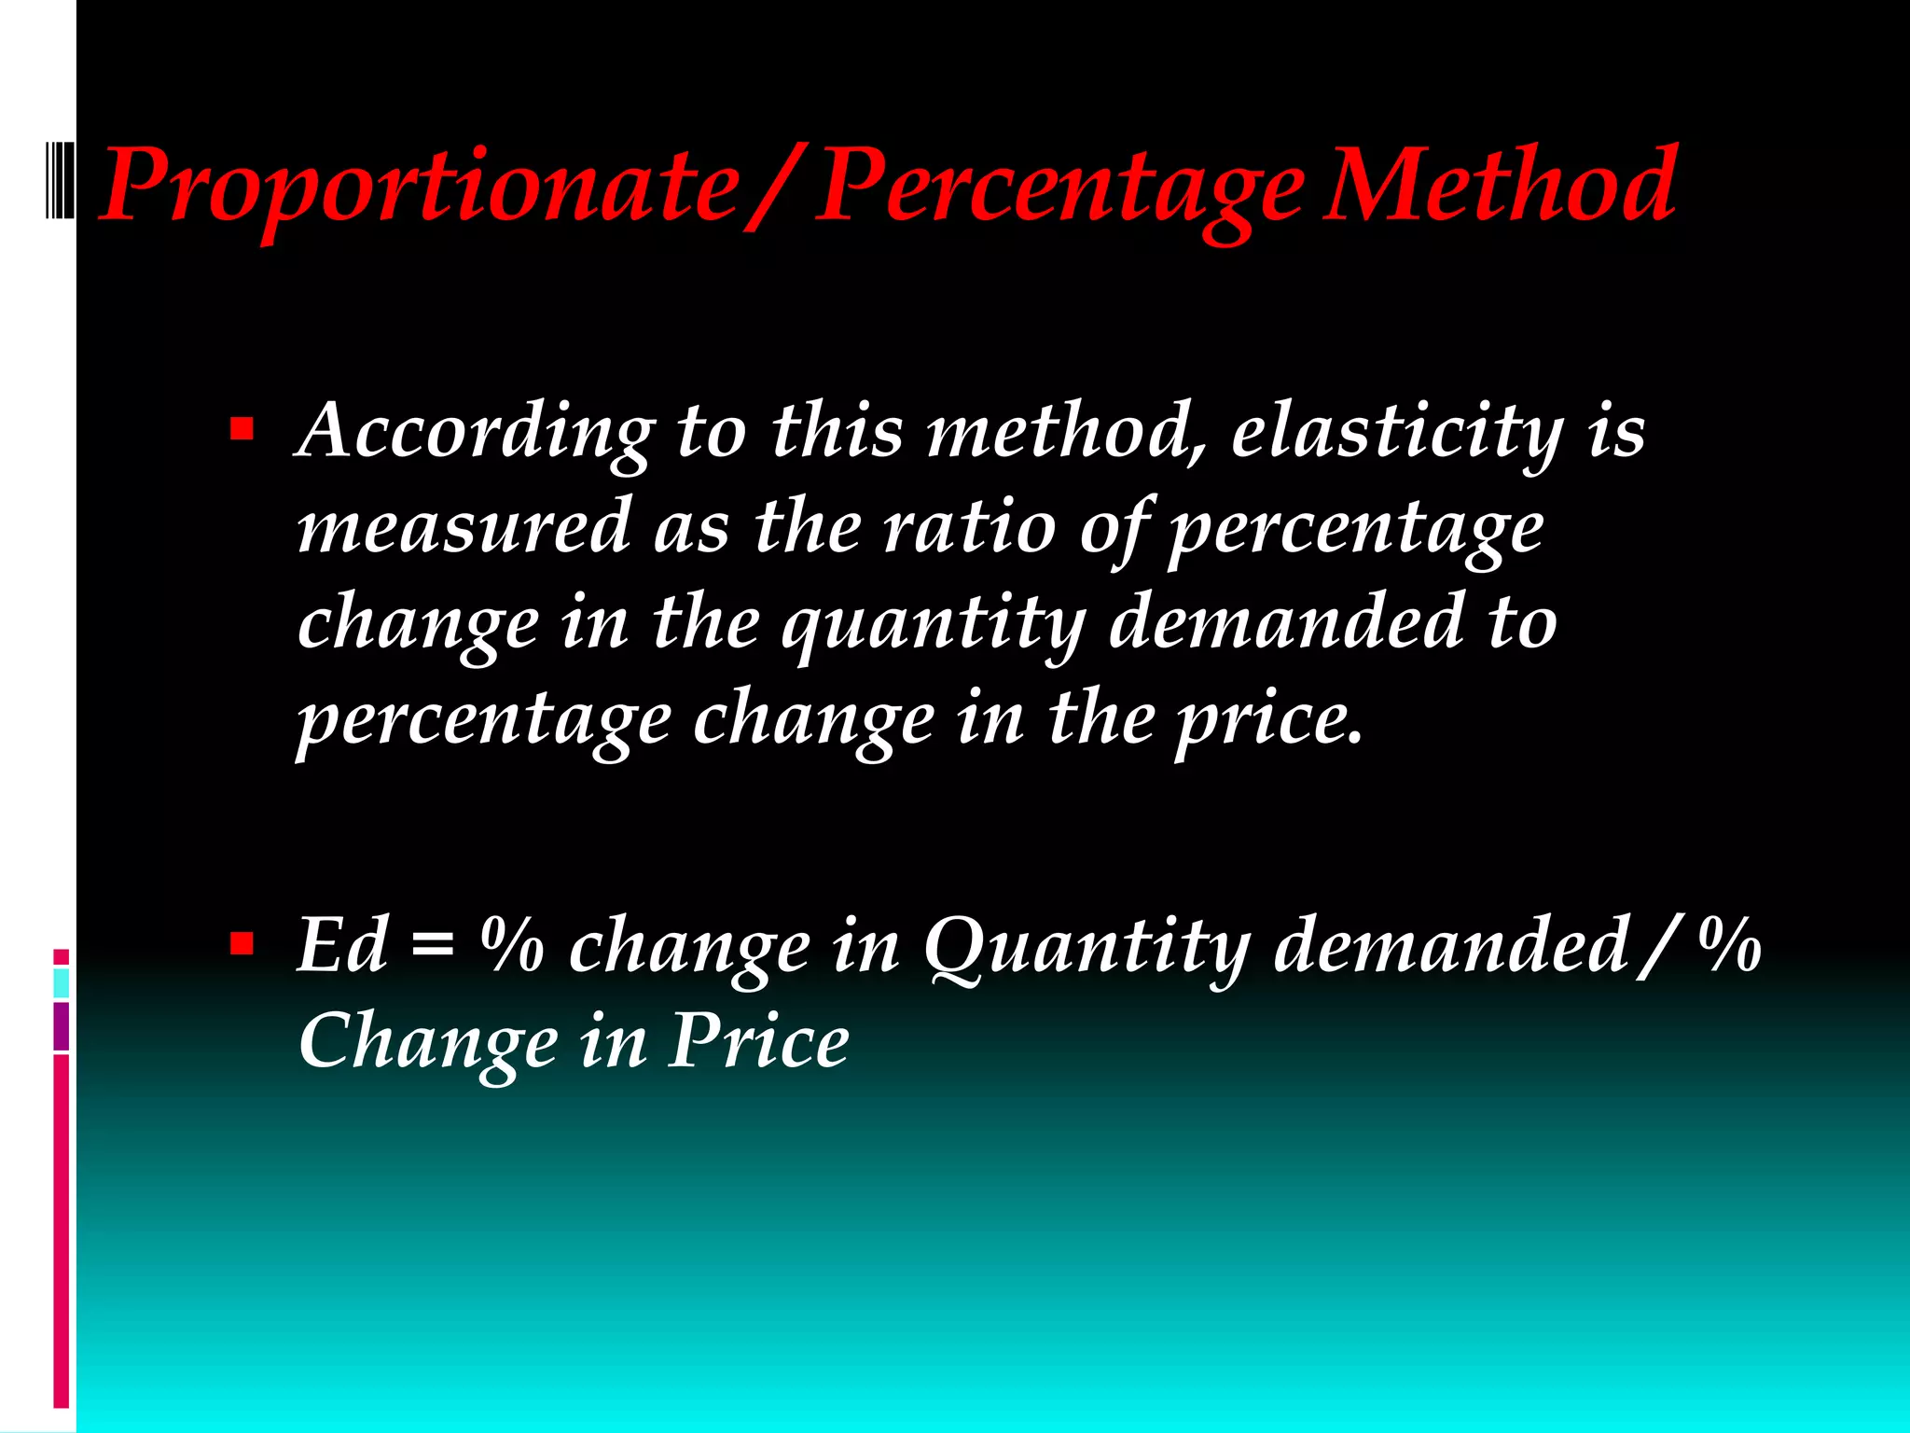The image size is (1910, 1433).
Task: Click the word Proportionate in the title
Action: pos(420,187)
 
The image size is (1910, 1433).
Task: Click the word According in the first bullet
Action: pos(475,432)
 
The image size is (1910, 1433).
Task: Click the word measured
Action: pos(464,527)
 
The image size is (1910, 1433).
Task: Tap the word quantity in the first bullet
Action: pos(934,624)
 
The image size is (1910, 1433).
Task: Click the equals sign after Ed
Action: pos(432,946)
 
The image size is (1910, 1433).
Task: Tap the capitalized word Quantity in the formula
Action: pos(1086,946)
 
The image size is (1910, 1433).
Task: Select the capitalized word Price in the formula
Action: pos(758,1041)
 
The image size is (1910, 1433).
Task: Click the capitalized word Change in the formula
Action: pos(427,1043)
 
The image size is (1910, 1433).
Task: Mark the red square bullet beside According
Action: pos(242,429)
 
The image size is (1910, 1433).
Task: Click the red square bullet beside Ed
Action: pos(242,944)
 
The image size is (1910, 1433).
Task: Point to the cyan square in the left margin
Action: pos(61,982)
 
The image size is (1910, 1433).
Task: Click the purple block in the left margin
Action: pos(61,1025)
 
